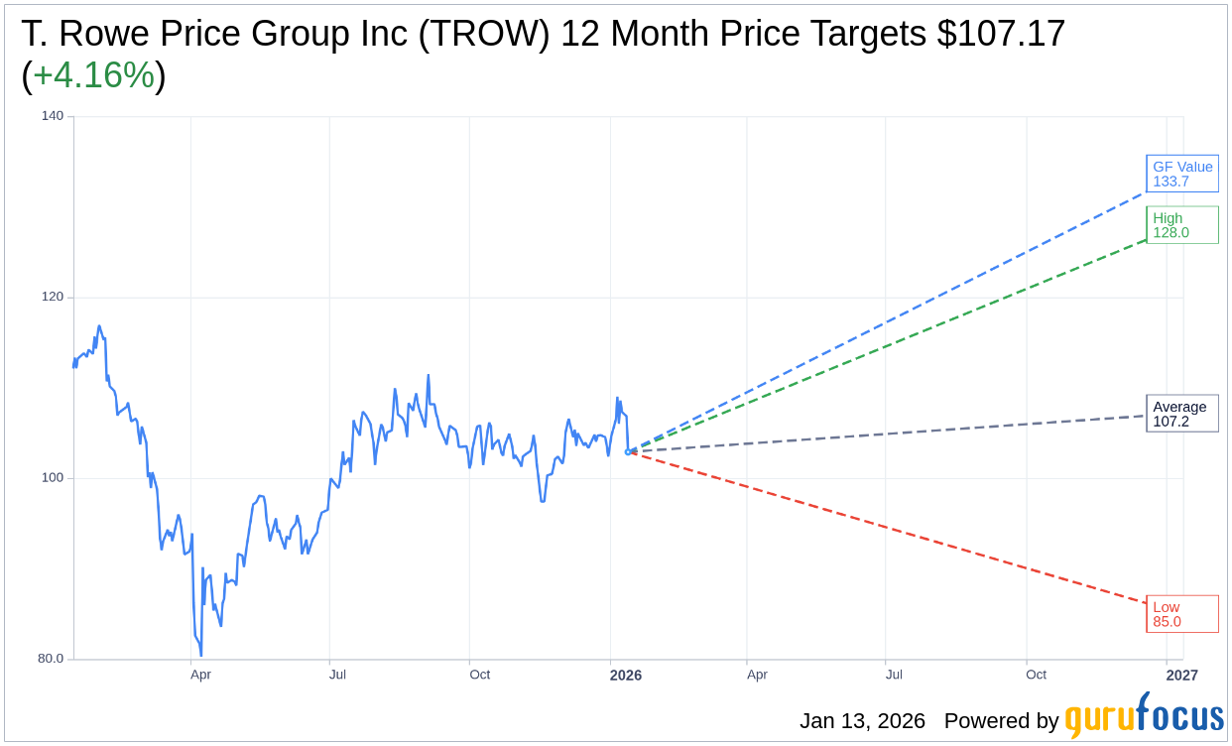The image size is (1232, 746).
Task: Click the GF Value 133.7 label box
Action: pos(1181,174)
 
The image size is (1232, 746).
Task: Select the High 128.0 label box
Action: pos(1181,225)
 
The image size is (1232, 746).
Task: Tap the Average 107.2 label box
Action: pos(1181,414)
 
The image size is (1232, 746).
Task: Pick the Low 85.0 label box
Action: pos(1181,614)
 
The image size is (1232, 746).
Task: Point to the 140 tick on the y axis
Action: pos(53,116)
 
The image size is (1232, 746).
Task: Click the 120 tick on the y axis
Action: pos(53,297)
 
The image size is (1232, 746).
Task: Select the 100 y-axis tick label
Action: pos(53,477)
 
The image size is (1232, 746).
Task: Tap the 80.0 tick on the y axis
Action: pos(51,658)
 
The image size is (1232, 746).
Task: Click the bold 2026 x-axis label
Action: pos(626,676)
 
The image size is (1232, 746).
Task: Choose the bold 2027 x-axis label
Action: pos(1181,676)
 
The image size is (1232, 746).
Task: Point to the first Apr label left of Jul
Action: pos(200,675)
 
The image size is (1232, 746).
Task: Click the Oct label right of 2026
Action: pos(1036,675)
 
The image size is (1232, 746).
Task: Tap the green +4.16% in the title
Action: pos(93,75)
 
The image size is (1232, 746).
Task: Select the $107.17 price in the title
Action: pos(1001,34)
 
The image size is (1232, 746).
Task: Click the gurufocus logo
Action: pos(1144,717)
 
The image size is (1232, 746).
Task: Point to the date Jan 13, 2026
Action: pos(862,721)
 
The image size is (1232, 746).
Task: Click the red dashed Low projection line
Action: pos(893,528)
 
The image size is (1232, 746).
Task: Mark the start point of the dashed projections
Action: pos(628,451)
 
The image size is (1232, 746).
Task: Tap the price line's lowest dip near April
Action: pos(200,654)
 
